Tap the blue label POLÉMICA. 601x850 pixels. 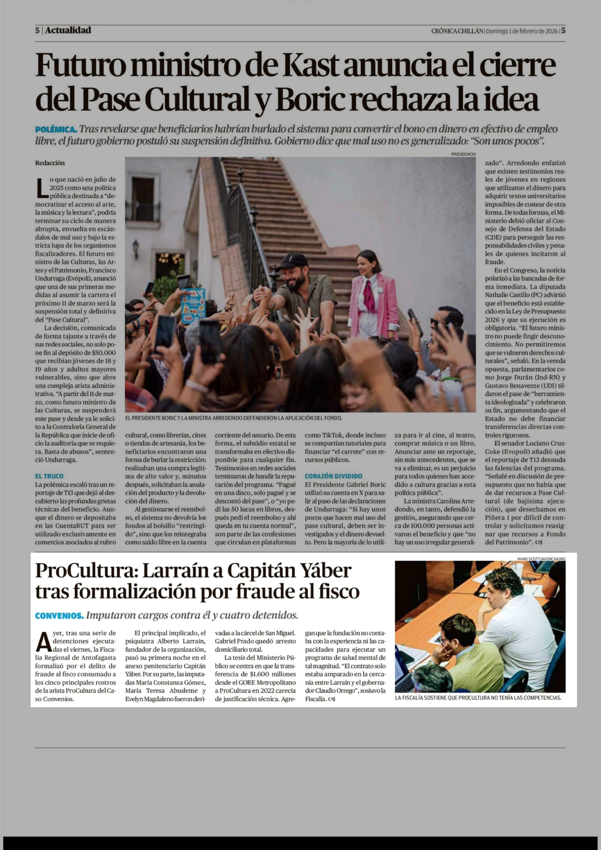pyautogui.click(x=56, y=130)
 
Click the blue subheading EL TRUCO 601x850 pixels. pyautogui.click(x=49, y=476)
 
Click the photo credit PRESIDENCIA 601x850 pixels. pyautogui.click(x=463, y=154)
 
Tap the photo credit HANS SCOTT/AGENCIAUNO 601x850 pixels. pyautogui.click(x=541, y=559)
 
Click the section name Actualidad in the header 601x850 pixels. pyautogui.click(x=68, y=30)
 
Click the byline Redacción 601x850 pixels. pyautogui.click(x=50, y=163)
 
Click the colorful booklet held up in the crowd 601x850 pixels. pyautogui.click(x=193, y=305)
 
